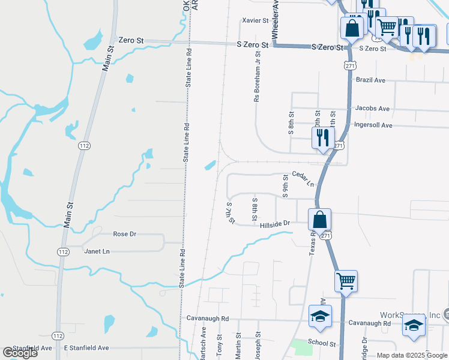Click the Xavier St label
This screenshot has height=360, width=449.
click(x=255, y=20)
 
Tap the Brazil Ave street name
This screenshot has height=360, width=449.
click(x=370, y=79)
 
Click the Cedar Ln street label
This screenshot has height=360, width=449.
click(x=303, y=178)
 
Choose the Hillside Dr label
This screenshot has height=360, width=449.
click(x=275, y=223)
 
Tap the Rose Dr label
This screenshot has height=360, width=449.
click(x=125, y=233)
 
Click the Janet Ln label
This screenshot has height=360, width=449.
click(x=98, y=251)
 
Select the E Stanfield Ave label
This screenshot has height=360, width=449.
click(x=86, y=348)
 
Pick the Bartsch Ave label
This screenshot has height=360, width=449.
click(x=203, y=351)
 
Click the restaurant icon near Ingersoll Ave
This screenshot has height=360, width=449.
click(x=323, y=137)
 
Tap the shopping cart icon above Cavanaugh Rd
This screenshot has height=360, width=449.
click(x=346, y=280)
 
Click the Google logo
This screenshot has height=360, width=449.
click(x=20, y=353)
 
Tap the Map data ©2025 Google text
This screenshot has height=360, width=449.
click(x=411, y=355)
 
